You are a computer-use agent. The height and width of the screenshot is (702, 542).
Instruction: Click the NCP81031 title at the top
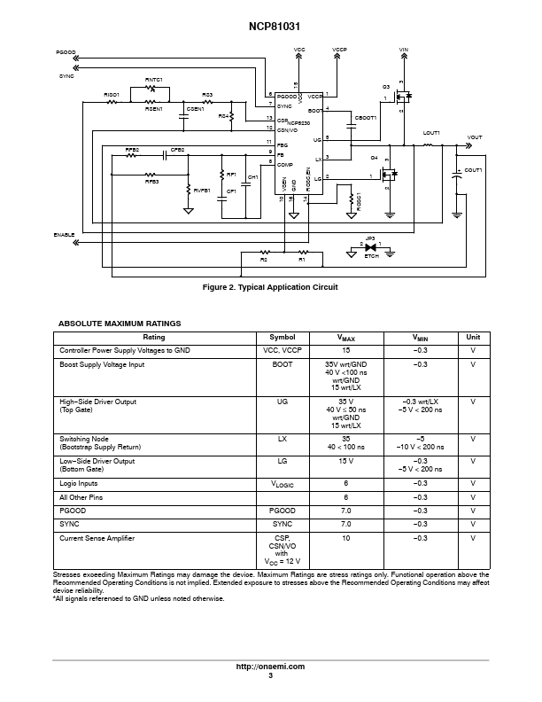click(x=271, y=14)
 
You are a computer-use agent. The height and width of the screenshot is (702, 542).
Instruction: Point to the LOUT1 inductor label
click(x=431, y=133)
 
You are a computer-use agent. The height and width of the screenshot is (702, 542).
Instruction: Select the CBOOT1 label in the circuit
click(x=365, y=117)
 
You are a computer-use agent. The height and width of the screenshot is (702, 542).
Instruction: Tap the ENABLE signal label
click(x=64, y=234)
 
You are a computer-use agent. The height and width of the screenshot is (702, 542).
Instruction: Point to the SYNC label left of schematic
click(x=66, y=76)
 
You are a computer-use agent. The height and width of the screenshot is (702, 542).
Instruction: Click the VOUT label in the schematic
click(x=475, y=137)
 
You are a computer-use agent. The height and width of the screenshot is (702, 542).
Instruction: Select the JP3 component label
click(x=370, y=238)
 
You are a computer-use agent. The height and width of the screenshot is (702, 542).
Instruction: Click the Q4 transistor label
click(x=375, y=157)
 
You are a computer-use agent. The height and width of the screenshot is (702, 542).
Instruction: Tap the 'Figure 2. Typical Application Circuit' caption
click(x=271, y=287)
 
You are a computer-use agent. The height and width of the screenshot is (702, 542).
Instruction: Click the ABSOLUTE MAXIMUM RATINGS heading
click(x=120, y=324)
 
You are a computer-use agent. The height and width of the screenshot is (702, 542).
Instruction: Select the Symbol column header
click(x=283, y=337)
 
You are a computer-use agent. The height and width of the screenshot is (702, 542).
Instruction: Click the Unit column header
click(x=474, y=337)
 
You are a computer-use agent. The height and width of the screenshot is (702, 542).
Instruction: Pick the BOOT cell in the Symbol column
click(x=283, y=364)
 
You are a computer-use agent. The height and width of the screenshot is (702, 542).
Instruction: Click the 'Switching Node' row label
click(x=81, y=439)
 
